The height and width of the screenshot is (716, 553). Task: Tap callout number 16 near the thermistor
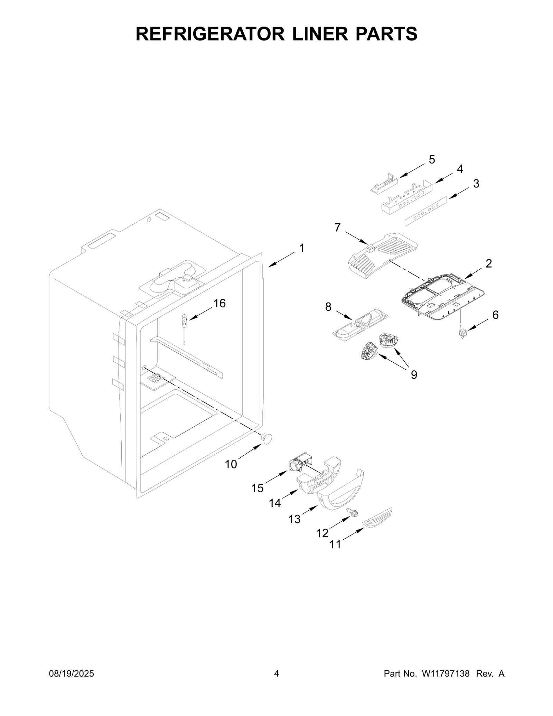[219, 303]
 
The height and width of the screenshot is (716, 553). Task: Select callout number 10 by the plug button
[231, 464]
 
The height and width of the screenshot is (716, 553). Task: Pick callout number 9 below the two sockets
[414, 374]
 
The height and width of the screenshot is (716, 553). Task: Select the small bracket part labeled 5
[384, 183]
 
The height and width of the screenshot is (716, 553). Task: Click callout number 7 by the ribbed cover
[337, 227]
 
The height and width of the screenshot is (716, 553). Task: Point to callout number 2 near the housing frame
[488, 263]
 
